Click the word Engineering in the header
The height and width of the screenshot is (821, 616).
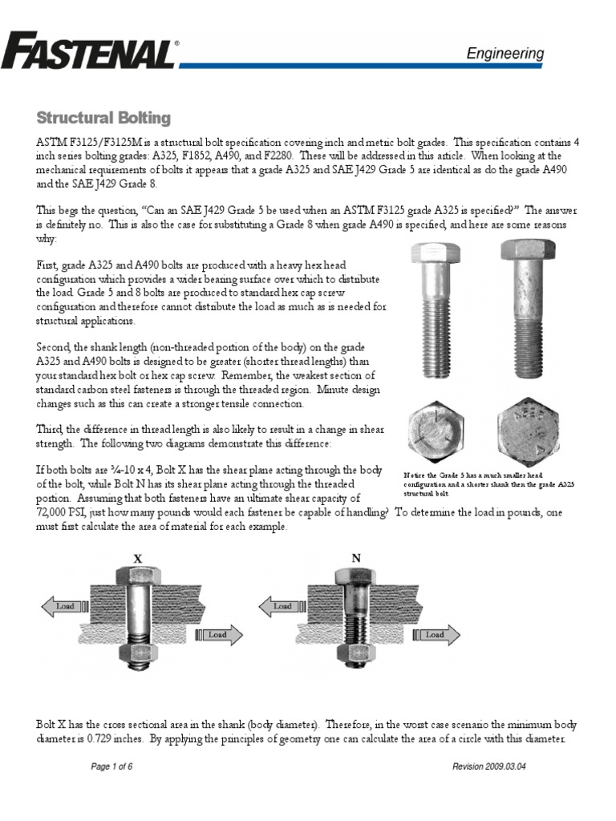click(x=505, y=54)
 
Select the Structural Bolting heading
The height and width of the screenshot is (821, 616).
click(x=103, y=118)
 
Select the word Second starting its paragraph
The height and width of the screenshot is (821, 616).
click(x=55, y=346)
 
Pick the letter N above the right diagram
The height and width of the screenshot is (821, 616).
click(x=355, y=556)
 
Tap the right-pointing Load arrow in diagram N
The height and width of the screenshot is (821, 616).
click(x=435, y=634)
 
